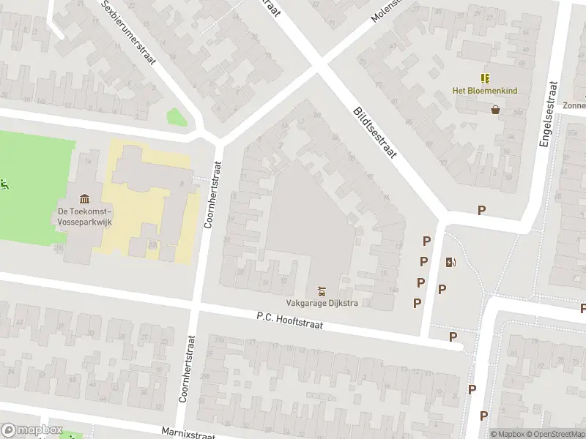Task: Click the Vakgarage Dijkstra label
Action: (x=322, y=304)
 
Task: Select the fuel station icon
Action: (x=450, y=263)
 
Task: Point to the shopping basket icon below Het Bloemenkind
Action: (x=496, y=110)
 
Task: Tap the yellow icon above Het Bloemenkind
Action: (x=484, y=78)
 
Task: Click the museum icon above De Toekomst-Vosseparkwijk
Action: (x=84, y=199)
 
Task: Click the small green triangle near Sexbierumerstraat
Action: (x=175, y=117)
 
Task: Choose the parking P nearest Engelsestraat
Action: (x=481, y=210)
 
